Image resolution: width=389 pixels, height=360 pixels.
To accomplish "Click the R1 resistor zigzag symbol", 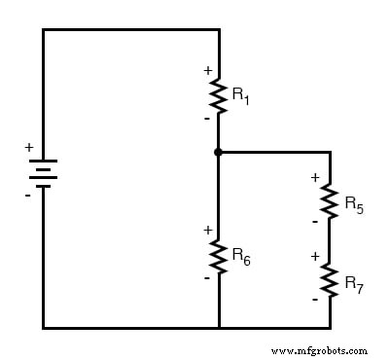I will pyautogui.click(x=219, y=95).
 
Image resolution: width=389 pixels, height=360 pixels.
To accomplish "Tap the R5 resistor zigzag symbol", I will pyautogui.click(x=330, y=202).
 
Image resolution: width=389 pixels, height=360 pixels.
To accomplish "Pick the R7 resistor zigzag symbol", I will pyautogui.click(x=330, y=280).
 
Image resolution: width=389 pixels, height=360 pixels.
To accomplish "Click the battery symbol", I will pyautogui.click(x=43, y=173).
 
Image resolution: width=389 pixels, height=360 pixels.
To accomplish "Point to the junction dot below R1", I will pyautogui.click(x=219, y=152).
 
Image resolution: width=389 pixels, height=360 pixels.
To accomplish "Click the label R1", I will pyautogui.click(x=240, y=95).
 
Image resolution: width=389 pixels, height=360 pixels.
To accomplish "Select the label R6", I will pyautogui.click(x=241, y=255).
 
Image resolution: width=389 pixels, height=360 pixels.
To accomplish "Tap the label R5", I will pyautogui.click(x=354, y=204).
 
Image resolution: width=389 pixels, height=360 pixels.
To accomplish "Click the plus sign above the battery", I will pyautogui.click(x=28, y=147).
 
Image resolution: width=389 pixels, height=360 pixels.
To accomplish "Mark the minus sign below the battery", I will pyautogui.click(x=28, y=196).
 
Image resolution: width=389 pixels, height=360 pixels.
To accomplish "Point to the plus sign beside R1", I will pyautogui.click(x=206, y=70).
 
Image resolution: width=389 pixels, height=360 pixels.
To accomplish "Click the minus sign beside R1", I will pyautogui.click(x=206, y=118).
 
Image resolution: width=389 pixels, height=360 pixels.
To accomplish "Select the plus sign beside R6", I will pyautogui.click(x=206, y=230).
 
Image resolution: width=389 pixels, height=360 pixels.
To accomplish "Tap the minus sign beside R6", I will pyautogui.click(x=206, y=277).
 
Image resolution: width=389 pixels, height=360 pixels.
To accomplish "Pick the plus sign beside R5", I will pyautogui.click(x=315, y=177).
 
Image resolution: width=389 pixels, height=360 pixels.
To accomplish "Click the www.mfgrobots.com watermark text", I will pyautogui.click(x=319, y=350).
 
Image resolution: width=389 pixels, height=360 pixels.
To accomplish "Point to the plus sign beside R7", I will pyautogui.click(x=315, y=256).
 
